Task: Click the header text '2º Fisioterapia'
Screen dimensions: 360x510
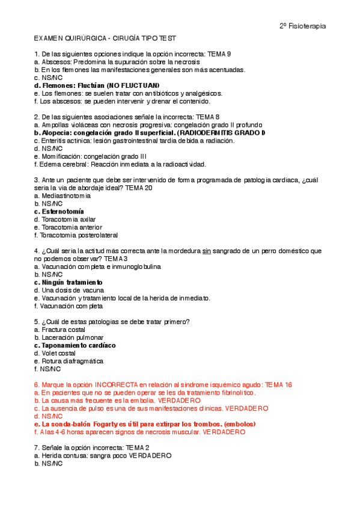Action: click(x=303, y=26)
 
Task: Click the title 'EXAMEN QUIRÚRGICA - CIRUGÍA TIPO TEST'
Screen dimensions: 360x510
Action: click(x=106, y=38)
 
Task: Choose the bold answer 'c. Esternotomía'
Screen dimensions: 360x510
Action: click(x=59, y=211)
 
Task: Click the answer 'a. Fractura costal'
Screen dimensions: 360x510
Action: click(x=60, y=329)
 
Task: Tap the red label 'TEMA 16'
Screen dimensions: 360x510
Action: click(x=279, y=384)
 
